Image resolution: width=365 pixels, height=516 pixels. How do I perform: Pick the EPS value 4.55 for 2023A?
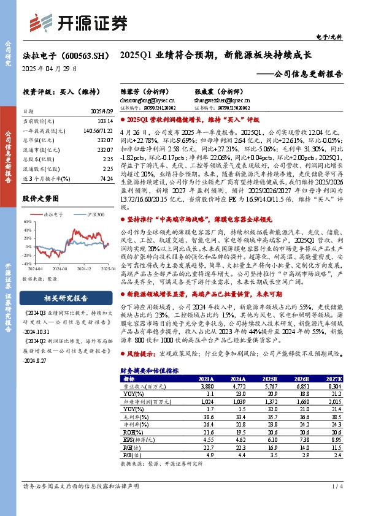206,439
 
